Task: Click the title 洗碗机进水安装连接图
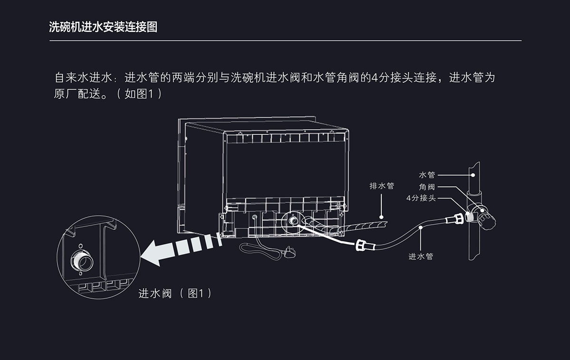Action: [103, 27]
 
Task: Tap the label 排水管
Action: [382, 186]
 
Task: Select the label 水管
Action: [427, 175]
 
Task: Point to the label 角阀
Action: [427, 187]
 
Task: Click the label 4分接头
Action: [421, 198]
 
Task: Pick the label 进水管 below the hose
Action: [421, 256]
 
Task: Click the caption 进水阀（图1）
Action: [175, 294]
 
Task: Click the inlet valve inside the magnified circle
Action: [79, 259]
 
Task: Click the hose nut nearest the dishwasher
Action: [362, 246]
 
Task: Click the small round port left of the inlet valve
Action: [256, 218]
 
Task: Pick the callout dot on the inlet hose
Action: [421, 228]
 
